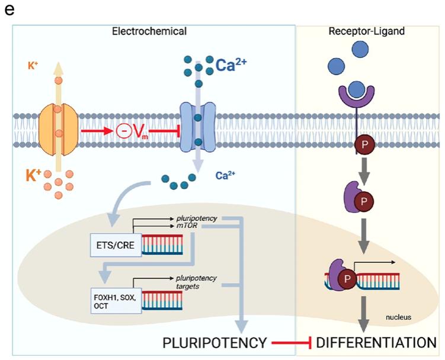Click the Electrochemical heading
coord(149,31)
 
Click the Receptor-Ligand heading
coord(367,31)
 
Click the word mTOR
coord(187,226)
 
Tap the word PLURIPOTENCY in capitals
coord(214,342)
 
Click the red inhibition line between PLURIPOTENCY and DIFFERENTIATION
coord(292,343)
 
